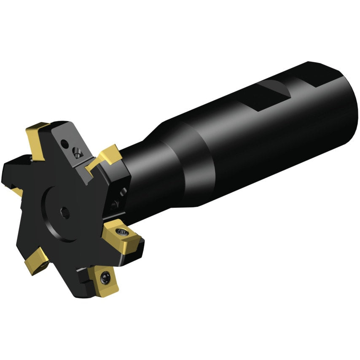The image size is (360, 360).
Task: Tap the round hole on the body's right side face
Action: point(123,192)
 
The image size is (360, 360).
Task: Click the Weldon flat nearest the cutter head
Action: point(270,95)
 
